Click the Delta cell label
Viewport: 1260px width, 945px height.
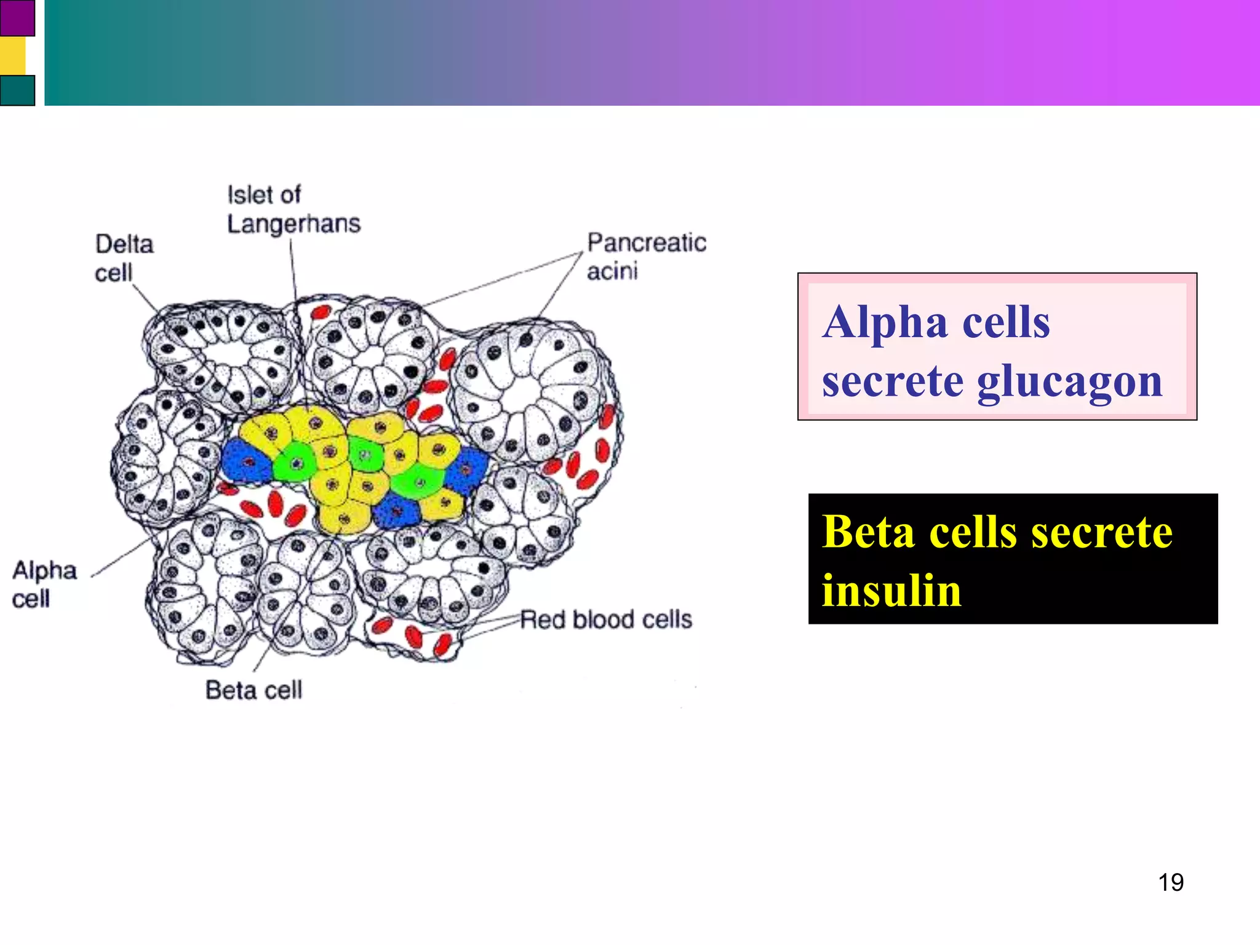pos(123,258)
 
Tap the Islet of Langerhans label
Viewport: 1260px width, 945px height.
pos(293,209)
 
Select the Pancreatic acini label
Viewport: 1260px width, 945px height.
pos(646,256)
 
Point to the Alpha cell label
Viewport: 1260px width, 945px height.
pos(44,584)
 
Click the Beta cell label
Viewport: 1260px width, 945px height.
pos(253,690)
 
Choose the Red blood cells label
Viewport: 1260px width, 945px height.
pos(605,619)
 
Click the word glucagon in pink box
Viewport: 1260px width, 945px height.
pos(1069,382)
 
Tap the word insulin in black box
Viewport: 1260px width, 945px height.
pos(891,590)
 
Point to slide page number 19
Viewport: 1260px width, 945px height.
pos(1170,882)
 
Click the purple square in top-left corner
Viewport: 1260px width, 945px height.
pos(17,18)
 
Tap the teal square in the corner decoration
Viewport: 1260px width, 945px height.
pos(17,90)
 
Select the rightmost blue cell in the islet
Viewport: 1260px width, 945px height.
pos(466,470)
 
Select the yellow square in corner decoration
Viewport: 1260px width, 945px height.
pos(12,56)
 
